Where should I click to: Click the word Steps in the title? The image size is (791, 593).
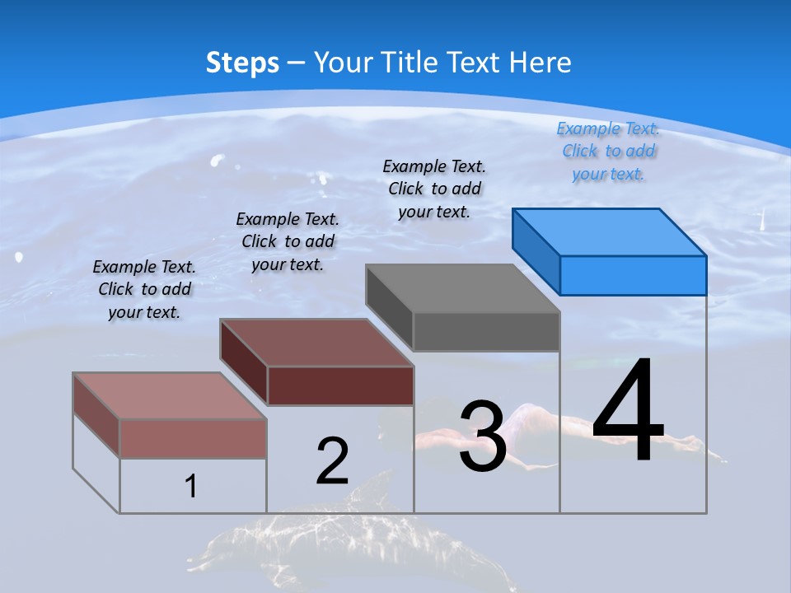coord(242,63)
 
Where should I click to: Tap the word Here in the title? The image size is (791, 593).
coord(541,63)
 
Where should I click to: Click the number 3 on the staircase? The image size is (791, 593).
coord(482,437)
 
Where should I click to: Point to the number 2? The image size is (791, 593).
coord(332,461)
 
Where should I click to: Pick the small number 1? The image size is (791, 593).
coord(191,486)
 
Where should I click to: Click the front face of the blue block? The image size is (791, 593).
coord(633,275)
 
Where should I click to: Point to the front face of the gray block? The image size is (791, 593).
coord(486,331)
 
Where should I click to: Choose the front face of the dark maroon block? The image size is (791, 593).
coord(340,385)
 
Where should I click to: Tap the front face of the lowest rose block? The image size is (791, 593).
coord(193,438)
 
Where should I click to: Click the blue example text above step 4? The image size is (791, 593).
coord(608,152)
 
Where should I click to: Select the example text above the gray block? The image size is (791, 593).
coord(434,189)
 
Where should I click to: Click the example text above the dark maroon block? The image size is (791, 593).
coord(288,241)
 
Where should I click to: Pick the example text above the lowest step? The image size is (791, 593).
coord(144,289)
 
